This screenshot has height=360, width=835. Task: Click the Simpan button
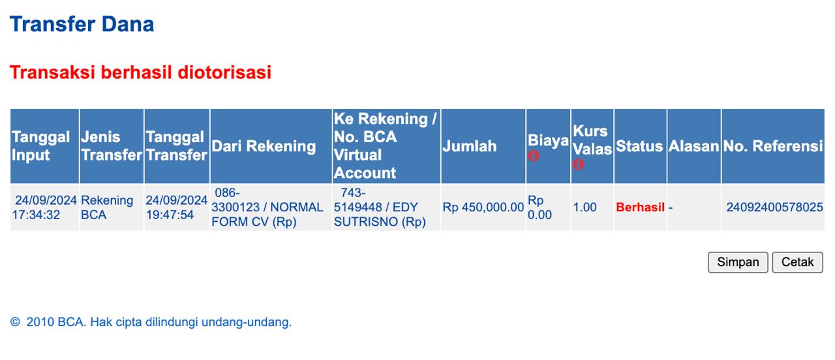pyautogui.click(x=738, y=262)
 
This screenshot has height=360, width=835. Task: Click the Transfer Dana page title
pyautogui.click(x=82, y=24)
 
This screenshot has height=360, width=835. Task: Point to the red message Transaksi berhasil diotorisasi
pyautogui.click(x=140, y=72)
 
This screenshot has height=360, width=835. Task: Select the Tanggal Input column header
pyautogui.click(x=40, y=146)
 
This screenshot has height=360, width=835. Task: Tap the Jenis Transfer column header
pyautogui.click(x=112, y=146)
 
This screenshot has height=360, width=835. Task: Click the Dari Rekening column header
pyautogui.click(x=264, y=146)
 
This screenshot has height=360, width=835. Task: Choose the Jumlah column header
pyautogui.click(x=469, y=146)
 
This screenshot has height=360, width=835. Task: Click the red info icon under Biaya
pyautogui.click(x=533, y=155)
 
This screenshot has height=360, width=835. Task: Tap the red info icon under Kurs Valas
pyautogui.click(x=578, y=164)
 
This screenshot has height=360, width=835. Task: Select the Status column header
pyautogui.click(x=639, y=146)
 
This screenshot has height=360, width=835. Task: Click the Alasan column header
pyautogui.click(x=693, y=146)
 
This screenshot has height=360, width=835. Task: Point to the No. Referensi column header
pyautogui.click(x=773, y=146)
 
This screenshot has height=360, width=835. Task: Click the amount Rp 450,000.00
pyautogui.click(x=483, y=207)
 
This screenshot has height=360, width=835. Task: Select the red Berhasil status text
pyautogui.click(x=640, y=207)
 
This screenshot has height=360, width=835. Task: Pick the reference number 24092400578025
pyautogui.click(x=774, y=207)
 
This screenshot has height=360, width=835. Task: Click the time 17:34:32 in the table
pyautogui.click(x=36, y=215)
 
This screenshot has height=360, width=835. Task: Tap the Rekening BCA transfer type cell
pyautogui.click(x=107, y=207)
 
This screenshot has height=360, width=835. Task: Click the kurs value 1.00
pyautogui.click(x=584, y=207)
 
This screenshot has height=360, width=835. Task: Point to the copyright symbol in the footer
pyautogui.click(x=15, y=322)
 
